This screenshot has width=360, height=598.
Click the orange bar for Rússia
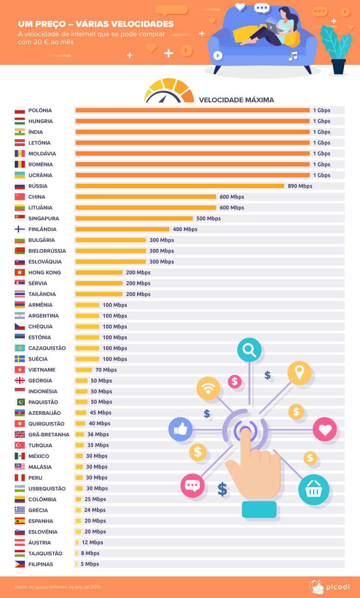(180, 186)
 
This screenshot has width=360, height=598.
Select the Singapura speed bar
(134, 218)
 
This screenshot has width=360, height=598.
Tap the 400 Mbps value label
(185, 229)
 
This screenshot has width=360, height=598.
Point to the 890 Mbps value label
(300, 186)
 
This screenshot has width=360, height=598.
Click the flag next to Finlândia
(20, 229)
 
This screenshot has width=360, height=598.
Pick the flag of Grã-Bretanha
(20, 434)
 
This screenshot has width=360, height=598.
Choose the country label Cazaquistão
(47, 348)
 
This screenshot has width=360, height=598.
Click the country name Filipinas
(41, 564)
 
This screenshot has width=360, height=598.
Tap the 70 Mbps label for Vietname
(106, 370)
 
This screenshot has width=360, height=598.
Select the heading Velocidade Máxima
(237, 100)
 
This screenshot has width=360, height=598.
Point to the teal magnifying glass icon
(249, 350)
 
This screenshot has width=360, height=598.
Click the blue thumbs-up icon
(180, 429)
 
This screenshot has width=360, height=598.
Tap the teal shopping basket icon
(314, 490)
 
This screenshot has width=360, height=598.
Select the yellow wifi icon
(208, 388)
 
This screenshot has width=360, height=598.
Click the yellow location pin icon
(299, 372)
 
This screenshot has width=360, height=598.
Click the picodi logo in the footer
(329, 587)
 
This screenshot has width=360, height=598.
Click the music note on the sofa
(293, 56)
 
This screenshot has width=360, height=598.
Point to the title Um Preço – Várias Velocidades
(96, 24)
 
